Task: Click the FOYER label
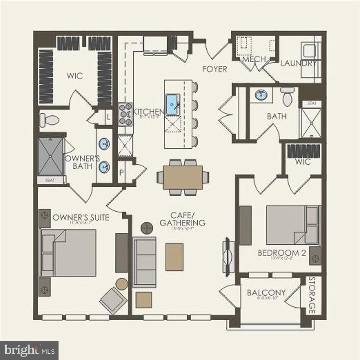214,69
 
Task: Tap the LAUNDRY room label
299,64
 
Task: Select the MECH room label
254,59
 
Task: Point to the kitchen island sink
172,104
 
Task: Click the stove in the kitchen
125,114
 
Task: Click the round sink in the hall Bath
261,95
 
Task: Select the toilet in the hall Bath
287,97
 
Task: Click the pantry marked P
121,172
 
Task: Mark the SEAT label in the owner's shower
51,180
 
